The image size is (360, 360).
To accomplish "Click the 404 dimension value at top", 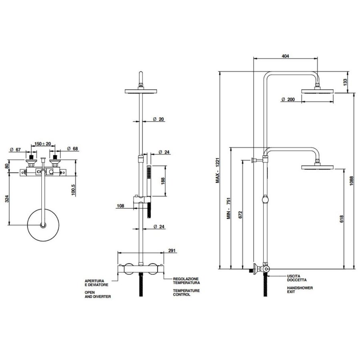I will pos(285,56).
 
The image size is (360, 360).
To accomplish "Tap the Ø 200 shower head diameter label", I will pos(288,99).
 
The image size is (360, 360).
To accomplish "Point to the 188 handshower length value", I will pos(162,181).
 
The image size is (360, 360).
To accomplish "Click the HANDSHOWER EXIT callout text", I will pos(300,290).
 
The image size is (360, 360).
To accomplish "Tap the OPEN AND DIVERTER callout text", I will pos(97,295).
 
